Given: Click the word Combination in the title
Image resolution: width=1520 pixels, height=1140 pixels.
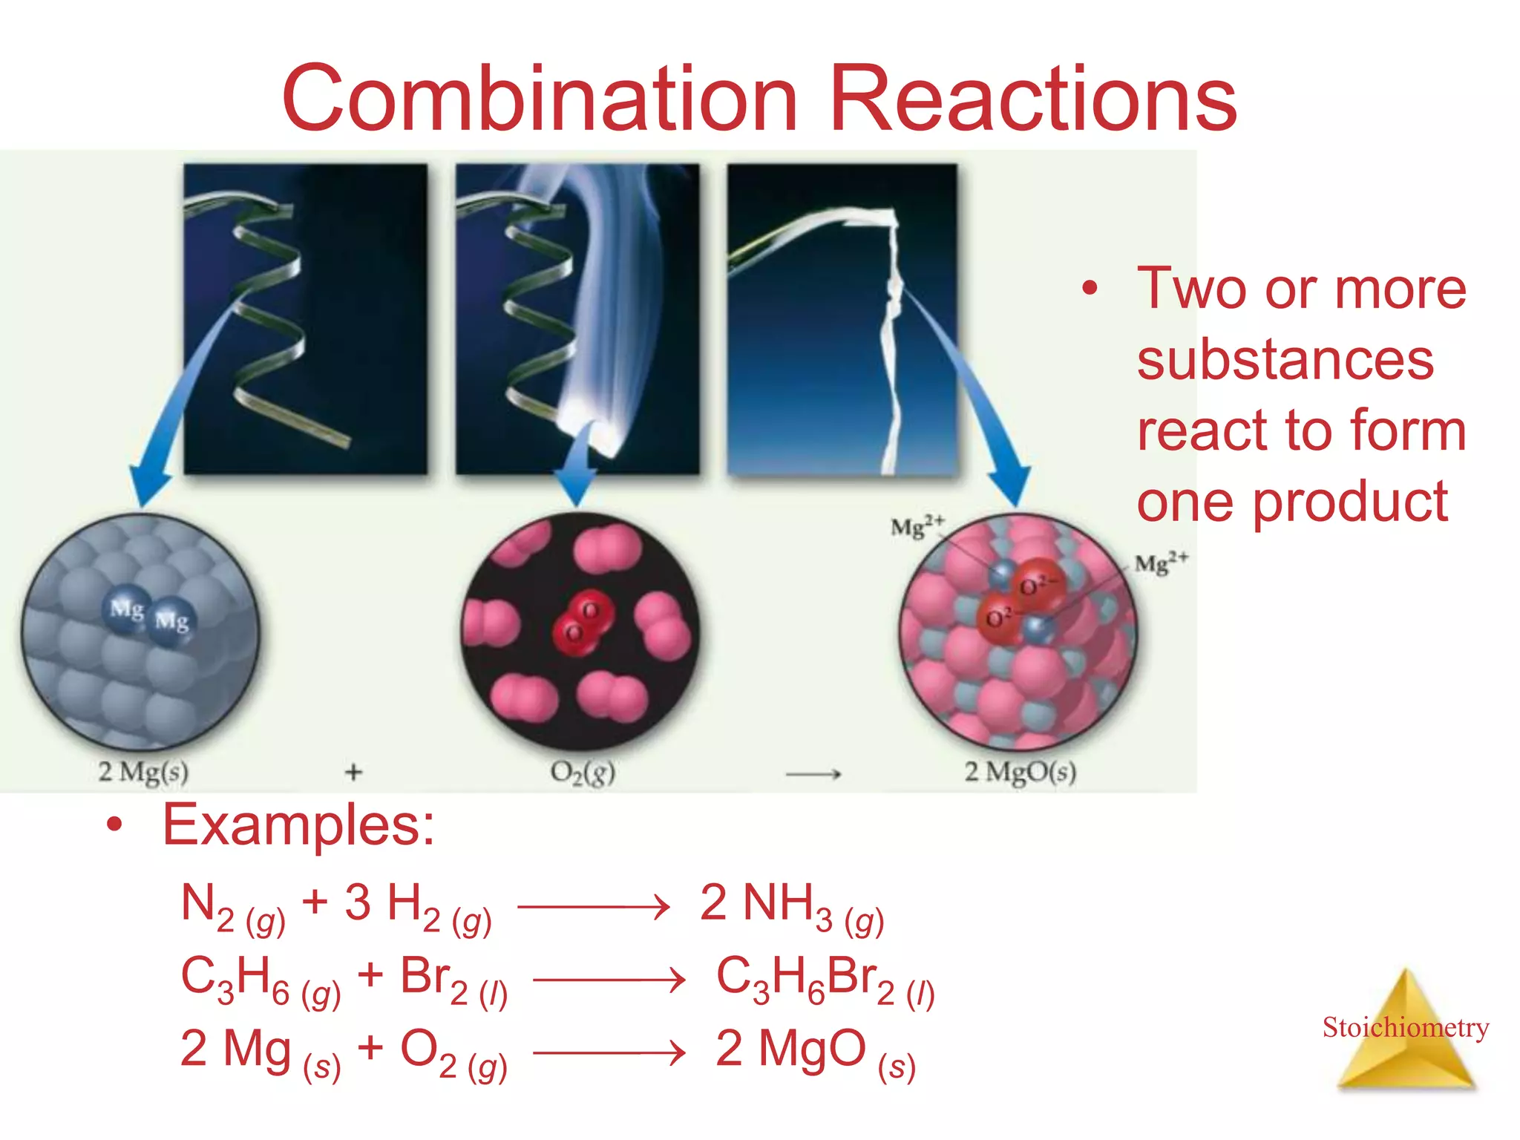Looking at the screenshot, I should point(540,99).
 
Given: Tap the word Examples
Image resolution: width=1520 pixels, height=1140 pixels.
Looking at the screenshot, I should point(298,825).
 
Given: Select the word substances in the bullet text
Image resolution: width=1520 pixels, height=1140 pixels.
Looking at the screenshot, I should point(1285,360).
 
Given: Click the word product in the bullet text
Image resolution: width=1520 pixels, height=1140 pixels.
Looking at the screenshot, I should point(1351,502).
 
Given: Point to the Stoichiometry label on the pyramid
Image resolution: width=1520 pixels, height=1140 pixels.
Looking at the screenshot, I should point(1405,1027).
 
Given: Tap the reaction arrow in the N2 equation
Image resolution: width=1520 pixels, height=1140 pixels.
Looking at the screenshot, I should point(594,907).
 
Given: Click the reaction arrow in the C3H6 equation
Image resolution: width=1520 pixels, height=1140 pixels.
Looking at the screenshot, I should point(609,980).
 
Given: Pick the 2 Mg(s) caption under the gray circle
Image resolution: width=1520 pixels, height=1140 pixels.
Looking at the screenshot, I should point(143,772).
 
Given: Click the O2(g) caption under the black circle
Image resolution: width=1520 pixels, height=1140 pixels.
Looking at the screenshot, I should point(583,773).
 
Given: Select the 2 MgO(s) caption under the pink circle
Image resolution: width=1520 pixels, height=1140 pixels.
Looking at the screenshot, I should point(1020,772).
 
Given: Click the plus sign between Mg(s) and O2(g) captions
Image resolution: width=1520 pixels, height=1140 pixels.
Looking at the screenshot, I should point(354,773).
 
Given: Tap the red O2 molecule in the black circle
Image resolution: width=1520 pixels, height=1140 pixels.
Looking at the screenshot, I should point(583,622).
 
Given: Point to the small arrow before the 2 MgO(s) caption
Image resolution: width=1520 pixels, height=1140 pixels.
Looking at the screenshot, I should point(813,774).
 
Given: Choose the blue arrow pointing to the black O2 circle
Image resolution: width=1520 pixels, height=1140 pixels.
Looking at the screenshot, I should point(577,468).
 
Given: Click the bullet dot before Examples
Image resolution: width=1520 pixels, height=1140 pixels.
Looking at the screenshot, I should point(114,825).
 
